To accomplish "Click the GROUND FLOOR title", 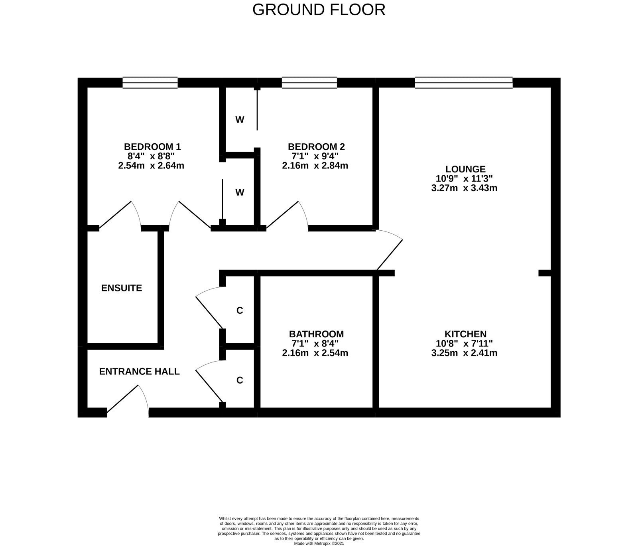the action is coord(319,10).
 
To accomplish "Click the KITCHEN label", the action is coord(465,334).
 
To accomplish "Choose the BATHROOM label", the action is coord(316,334).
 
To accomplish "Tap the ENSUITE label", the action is coord(122,288).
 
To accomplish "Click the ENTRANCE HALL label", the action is coord(140,372).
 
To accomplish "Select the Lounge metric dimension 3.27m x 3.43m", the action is coord(464,188).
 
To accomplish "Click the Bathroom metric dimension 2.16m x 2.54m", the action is coord(315,353).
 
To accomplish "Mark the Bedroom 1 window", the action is coord(150,82).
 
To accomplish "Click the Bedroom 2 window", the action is coord(309,82).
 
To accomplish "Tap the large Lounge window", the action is coord(464,82).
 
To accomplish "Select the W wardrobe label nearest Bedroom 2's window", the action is coord(240,120).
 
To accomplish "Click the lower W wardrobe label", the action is coord(240,193).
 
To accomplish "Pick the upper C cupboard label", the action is coord(240,311).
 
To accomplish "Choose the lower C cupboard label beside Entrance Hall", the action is coord(240,380).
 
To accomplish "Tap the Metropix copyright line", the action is coord(319,543).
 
